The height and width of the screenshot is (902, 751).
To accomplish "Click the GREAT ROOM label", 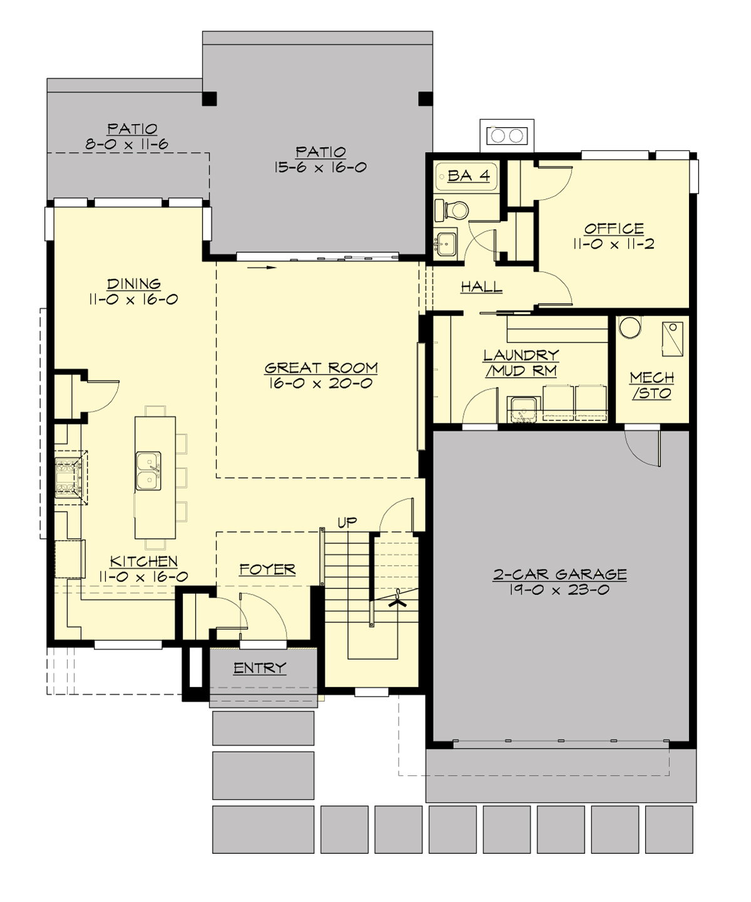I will point(321,368).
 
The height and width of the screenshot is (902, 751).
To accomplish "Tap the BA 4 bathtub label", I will point(468,176).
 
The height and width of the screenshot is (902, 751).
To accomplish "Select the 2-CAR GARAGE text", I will point(559,574).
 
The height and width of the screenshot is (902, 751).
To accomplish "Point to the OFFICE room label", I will point(614,229).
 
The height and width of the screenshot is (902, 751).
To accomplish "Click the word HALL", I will point(481,287).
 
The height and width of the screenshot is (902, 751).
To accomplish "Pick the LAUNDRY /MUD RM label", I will point(521,363).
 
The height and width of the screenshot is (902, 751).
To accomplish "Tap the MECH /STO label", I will point(651,386).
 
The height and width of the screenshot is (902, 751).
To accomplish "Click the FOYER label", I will point(267,569).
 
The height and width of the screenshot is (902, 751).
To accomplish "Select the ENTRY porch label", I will point(260,668).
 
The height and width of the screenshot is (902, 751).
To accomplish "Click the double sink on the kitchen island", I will point(148,471).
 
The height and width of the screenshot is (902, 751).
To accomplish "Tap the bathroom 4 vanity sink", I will point(445,243).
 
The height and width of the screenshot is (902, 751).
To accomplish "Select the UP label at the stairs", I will point(347,522).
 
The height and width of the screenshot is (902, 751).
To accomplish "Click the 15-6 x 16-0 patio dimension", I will point(320,168).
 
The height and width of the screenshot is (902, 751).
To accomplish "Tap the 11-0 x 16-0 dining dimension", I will point(133,299).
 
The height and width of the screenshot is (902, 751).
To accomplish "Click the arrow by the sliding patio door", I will point(262,269).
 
